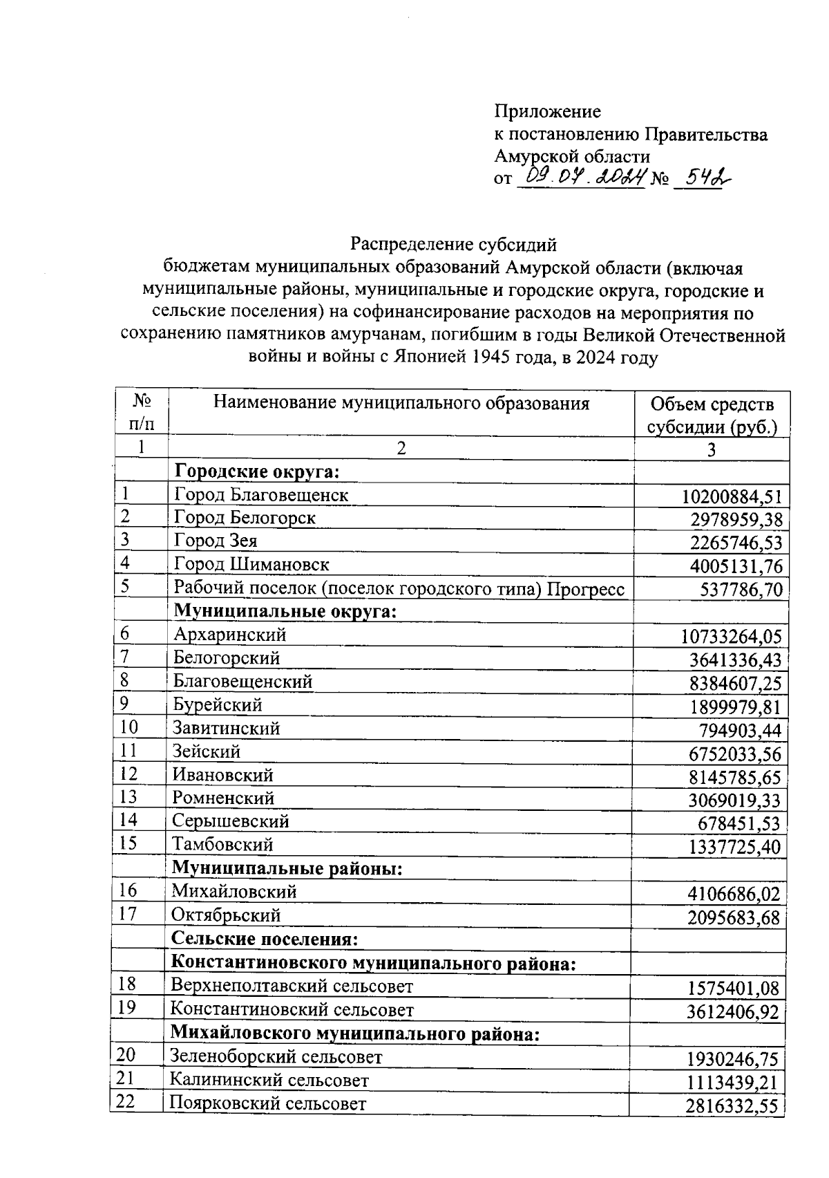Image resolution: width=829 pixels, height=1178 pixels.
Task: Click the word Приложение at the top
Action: pos(547,111)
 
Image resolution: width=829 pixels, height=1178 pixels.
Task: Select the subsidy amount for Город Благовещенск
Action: pos(732,496)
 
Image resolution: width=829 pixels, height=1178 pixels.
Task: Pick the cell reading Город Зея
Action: pos(216,541)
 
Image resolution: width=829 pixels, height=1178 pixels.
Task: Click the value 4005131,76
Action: pos(736,567)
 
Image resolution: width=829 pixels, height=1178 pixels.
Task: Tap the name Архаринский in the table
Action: pos(229,635)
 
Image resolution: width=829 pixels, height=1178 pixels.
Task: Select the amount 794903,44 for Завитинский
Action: pos(741,731)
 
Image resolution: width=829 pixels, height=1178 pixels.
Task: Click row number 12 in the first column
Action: pos(128,774)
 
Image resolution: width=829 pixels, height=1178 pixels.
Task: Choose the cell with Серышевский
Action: pos(230,821)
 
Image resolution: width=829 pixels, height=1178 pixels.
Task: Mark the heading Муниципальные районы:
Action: pos(287,868)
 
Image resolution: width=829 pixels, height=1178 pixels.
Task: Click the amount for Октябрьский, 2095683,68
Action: pos(734,918)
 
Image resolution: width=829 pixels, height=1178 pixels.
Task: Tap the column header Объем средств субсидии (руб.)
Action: pos(712,415)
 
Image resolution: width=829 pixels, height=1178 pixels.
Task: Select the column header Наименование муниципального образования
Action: pos(401,403)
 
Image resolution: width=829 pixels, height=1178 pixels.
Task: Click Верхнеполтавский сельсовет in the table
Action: pos(292,986)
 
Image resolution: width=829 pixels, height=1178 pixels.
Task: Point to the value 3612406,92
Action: pos(733,1013)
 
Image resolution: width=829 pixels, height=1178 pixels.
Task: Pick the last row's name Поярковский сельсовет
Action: pos(268,1104)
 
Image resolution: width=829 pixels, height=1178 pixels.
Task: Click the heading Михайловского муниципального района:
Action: pos(354,1034)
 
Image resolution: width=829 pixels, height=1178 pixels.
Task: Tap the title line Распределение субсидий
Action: pos(453,244)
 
